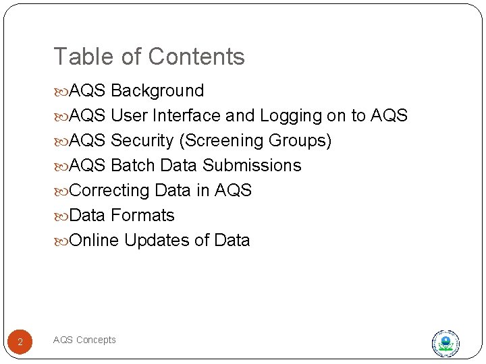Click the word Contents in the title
click(198, 57)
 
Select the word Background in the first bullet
click(157, 91)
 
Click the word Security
click(142, 141)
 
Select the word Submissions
click(252, 166)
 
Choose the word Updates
click(157, 241)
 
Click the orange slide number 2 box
click(20, 342)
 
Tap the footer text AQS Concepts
click(84, 340)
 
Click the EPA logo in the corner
click(445, 343)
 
